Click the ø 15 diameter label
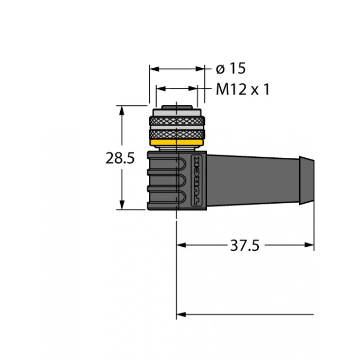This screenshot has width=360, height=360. point(231,69)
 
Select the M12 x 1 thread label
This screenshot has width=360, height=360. point(243,89)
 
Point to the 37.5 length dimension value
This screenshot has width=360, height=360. point(245,246)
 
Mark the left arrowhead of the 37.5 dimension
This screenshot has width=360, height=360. point(181,246)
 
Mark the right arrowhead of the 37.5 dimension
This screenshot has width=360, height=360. point(309,246)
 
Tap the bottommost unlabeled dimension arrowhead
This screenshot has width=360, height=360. point(181,314)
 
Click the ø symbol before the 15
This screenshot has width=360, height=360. point(221,69)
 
